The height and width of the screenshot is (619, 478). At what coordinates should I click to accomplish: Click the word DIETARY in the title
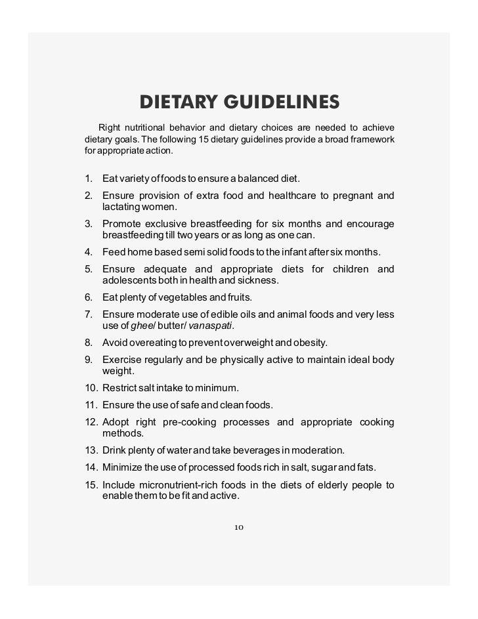pos(179,103)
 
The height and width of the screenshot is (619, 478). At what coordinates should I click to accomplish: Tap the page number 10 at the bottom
pos(239,527)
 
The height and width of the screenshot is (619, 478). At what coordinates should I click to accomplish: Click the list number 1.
pos(88,179)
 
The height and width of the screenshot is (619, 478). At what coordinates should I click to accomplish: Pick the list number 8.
pos(88,343)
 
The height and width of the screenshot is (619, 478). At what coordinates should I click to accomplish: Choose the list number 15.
pos(91,485)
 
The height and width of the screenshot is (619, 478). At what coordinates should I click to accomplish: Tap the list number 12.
pos(91,421)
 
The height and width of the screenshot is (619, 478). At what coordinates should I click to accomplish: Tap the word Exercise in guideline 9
pos(123,360)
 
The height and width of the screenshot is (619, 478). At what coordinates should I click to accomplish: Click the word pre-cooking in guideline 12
pos(189,421)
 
